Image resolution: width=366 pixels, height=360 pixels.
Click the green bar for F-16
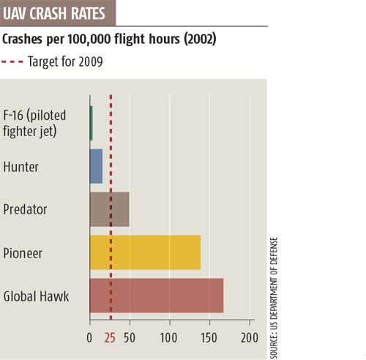coord(91,123)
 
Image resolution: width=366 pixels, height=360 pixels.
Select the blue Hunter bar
coord(96,166)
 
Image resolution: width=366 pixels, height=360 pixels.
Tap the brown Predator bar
coord(109,209)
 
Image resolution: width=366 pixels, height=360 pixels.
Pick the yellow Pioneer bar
coord(145,252)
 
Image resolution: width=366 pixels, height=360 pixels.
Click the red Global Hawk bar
coord(156,296)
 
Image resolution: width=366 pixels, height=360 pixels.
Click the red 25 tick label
coord(110,338)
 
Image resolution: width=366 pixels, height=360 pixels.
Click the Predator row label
coord(26,209)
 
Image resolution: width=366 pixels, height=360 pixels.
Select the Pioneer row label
coord(23,252)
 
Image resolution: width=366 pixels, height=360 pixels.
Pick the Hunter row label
coord(21,166)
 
